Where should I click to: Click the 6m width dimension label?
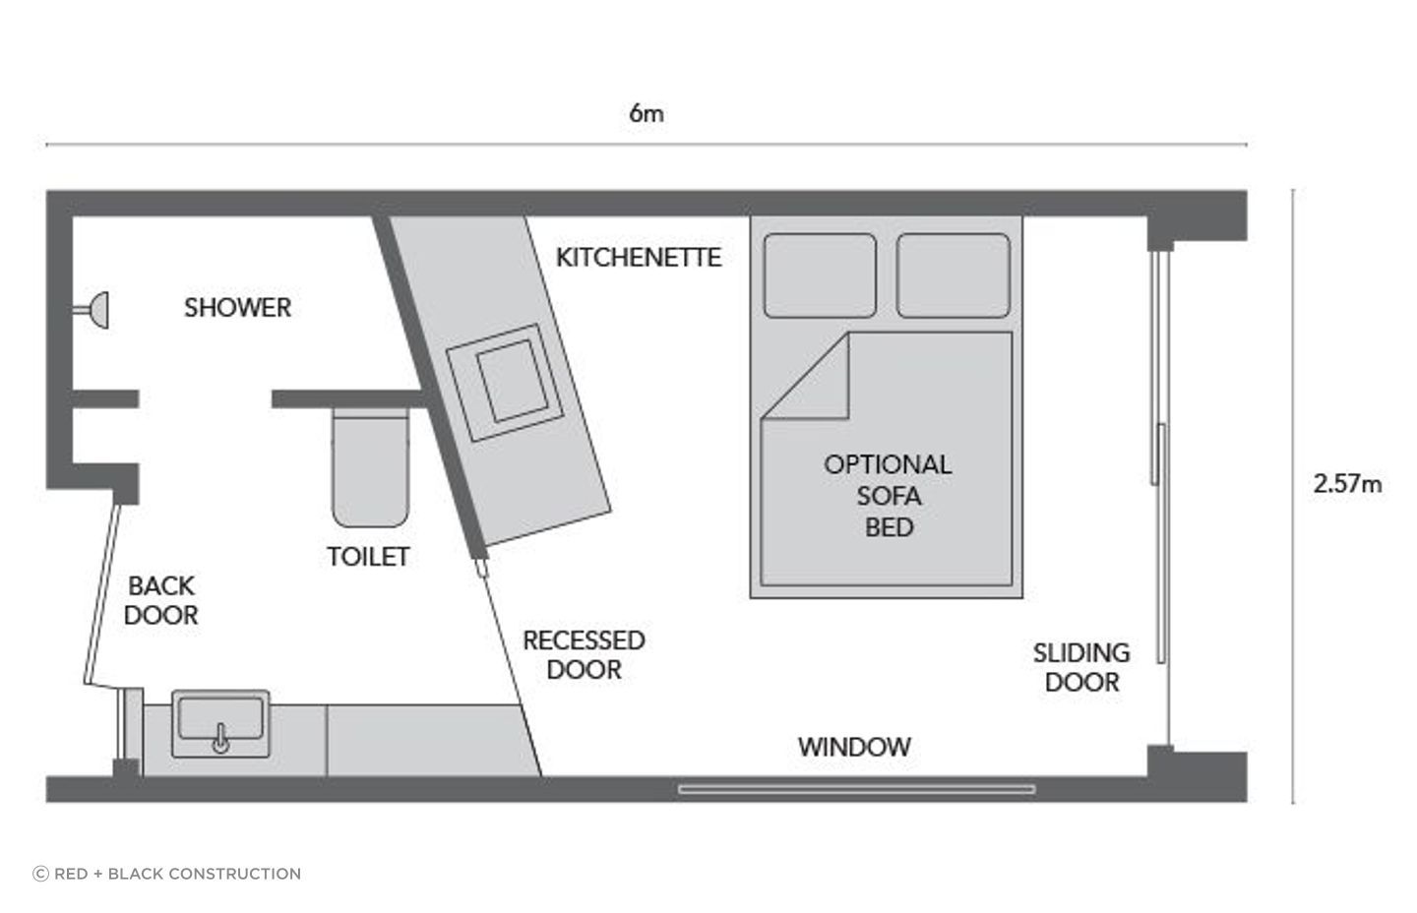(647, 113)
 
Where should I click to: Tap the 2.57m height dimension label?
(1347, 483)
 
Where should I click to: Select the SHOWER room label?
(238, 307)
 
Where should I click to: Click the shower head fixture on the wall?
(95, 310)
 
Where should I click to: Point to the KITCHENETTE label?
(639, 257)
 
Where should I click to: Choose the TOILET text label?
(368, 557)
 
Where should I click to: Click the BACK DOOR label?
(161, 600)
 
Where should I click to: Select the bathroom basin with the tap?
(221, 723)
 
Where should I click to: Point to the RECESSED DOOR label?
(584, 654)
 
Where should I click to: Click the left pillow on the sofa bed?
(820, 275)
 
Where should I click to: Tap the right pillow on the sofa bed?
(954, 275)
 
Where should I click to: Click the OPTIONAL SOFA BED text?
(888, 495)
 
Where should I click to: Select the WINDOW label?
(854, 747)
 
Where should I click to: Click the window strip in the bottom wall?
(856, 789)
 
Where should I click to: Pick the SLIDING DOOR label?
(1081, 667)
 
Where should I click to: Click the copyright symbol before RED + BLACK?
(41, 874)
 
